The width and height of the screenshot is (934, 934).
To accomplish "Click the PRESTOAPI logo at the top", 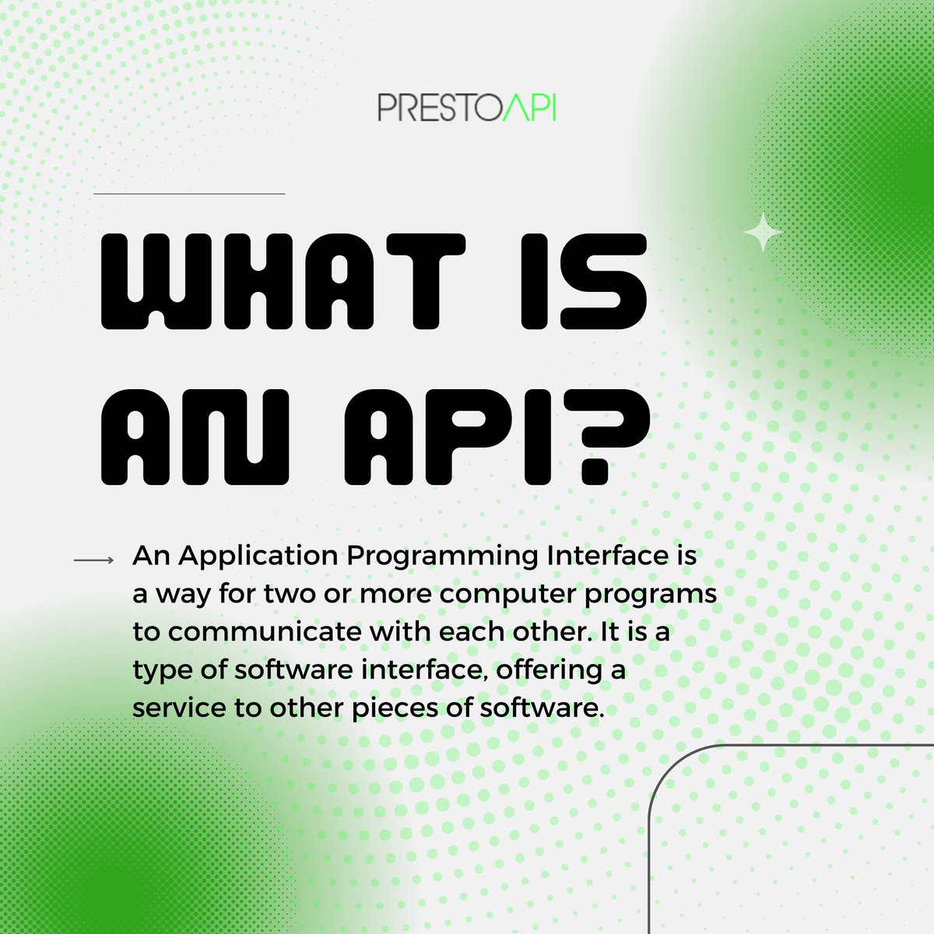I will tap(467, 108).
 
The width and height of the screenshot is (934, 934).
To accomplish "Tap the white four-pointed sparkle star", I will tap(763, 232).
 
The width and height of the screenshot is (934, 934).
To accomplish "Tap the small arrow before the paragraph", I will tap(94, 560).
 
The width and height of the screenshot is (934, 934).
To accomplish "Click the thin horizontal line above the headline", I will tap(189, 193).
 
